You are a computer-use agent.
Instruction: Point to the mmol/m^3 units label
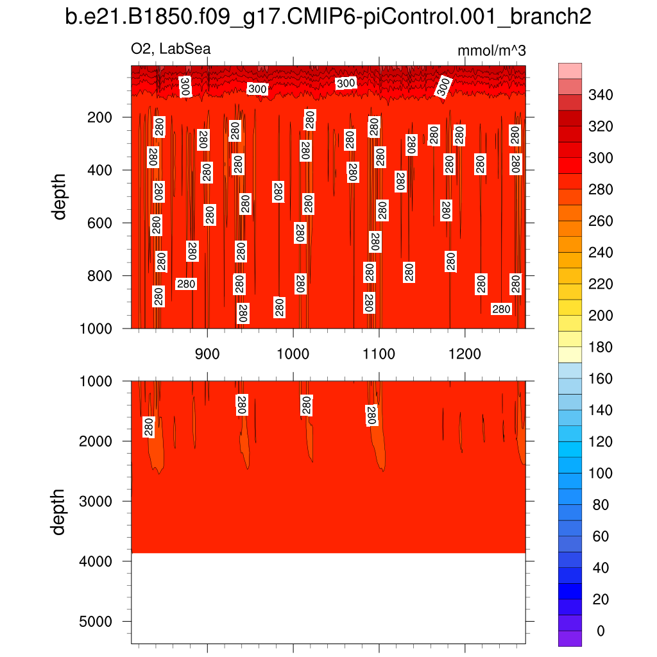pyautogui.click(x=491, y=51)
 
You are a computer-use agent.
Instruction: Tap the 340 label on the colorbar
pyautogui.click(x=601, y=96)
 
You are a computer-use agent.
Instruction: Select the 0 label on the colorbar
pyautogui.click(x=601, y=631)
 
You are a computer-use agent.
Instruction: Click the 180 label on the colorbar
pyautogui.click(x=601, y=348)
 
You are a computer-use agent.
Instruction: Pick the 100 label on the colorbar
pyautogui.click(x=601, y=474)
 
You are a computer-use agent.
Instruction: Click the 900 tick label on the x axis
pyautogui.click(x=207, y=354)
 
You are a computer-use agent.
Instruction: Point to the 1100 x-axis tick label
pyautogui.click(x=379, y=354)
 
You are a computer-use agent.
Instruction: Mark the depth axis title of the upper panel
pyautogui.click(x=60, y=197)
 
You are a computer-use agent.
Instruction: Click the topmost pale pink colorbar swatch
pyautogui.click(x=570, y=71)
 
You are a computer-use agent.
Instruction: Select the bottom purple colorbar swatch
pyautogui.click(x=570, y=638)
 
